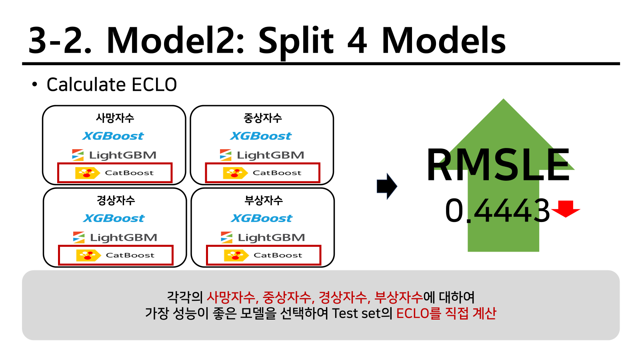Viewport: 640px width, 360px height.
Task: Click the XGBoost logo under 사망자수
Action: pos(113,136)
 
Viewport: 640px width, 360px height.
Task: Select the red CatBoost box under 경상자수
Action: pos(116,255)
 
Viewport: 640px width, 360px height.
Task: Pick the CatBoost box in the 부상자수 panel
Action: pos(264,255)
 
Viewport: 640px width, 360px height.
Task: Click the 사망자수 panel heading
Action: pos(115,118)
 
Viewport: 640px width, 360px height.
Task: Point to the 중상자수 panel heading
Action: pos(262,118)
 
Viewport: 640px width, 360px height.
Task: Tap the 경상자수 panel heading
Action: pos(116,200)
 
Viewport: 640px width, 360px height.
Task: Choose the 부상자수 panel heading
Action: pos(264,200)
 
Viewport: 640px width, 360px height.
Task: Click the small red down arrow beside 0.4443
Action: pos(566,208)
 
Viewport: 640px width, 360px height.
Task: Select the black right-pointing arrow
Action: pos(387,186)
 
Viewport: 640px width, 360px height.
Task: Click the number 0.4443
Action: pos(497,211)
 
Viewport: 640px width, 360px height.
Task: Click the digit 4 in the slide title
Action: pos(358,40)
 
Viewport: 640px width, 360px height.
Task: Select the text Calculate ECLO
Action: pos(112,84)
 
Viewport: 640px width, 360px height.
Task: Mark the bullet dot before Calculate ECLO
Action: pos(34,84)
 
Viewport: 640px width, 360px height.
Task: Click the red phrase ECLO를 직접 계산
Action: pos(446,313)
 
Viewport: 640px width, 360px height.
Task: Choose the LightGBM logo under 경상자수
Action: pos(115,238)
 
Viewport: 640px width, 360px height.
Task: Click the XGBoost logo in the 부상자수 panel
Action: pos(262,218)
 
